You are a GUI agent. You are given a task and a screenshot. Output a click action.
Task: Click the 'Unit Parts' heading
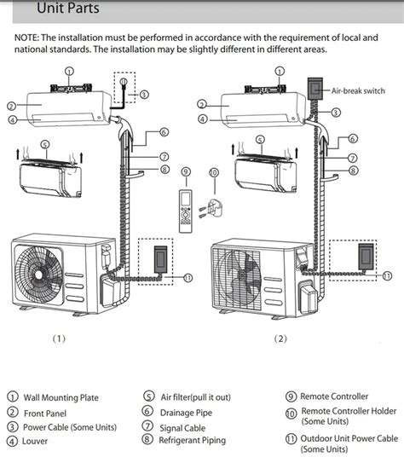(68, 8)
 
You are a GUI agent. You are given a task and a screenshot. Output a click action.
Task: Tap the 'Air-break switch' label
(358, 91)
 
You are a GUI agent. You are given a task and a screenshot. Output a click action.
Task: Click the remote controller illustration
(186, 211)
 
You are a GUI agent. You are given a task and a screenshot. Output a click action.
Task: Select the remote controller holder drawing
(211, 208)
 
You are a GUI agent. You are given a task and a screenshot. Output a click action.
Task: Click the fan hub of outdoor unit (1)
(38, 275)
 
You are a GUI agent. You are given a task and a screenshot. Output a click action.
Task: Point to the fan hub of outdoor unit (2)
(242, 275)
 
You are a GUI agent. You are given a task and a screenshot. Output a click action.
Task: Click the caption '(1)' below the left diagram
(59, 338)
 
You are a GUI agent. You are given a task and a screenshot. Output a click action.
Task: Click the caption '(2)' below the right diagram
(280, 338)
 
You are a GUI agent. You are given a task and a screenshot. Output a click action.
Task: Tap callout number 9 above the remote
(186, 171)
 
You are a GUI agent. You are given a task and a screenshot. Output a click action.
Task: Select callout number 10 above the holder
(214, 172)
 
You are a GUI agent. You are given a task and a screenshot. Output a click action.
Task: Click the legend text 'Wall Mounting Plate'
(61, 397)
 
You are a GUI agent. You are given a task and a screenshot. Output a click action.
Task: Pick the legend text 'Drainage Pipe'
(186, 413)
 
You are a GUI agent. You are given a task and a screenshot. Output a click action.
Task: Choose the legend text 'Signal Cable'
(182, 428)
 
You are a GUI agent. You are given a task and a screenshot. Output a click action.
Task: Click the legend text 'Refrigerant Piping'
(193, 440)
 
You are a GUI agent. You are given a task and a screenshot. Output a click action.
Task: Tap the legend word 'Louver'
(35, 441)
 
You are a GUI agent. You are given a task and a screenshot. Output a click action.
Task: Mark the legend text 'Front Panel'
(45, 414)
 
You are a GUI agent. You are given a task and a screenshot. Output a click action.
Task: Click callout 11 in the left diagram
(188, 278)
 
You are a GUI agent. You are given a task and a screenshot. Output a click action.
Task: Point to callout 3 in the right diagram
(336, 113)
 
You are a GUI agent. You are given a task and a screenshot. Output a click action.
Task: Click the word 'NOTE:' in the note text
(26, 38)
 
